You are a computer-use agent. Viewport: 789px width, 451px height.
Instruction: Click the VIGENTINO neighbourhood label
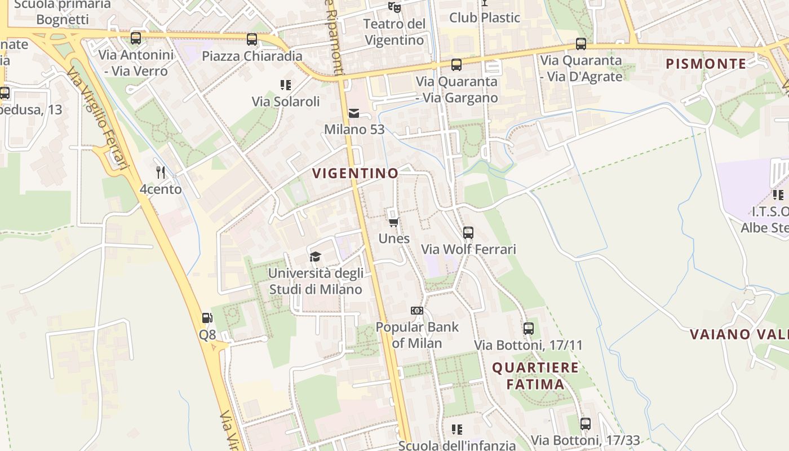click(355, 173)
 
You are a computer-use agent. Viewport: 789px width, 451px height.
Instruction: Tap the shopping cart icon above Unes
click(394, 222)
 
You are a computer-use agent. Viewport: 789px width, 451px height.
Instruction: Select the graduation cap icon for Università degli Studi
click(315, 257)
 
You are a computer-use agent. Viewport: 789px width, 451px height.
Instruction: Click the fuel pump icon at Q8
click(207, 318)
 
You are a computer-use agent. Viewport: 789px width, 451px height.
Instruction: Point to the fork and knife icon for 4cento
click(161, 173)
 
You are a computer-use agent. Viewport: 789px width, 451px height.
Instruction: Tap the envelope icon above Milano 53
click(354, 113)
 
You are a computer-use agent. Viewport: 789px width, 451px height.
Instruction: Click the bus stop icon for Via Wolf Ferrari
click(468, 232)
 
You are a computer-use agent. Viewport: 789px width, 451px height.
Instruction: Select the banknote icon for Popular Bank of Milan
click(417, 311)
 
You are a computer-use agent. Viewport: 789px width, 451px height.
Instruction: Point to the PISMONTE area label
click(706, 64)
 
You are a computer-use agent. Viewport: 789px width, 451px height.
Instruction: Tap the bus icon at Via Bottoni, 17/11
click(528, 328)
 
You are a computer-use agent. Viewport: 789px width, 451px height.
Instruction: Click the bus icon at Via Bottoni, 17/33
click(586, 423)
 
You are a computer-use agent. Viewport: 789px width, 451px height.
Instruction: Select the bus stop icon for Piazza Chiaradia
click(252, 39)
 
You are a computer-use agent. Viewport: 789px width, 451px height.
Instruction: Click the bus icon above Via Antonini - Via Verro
click(136, 38)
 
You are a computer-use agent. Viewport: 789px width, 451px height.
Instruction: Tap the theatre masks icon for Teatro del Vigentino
click(394, 7)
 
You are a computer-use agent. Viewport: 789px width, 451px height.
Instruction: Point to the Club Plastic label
click(484, 17)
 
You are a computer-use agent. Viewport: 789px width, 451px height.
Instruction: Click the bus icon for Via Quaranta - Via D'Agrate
click(581, 44)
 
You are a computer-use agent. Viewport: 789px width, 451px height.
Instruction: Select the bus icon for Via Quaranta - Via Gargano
click(456, 65)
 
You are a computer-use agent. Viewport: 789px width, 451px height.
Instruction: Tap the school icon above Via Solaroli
click(286, 85)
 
